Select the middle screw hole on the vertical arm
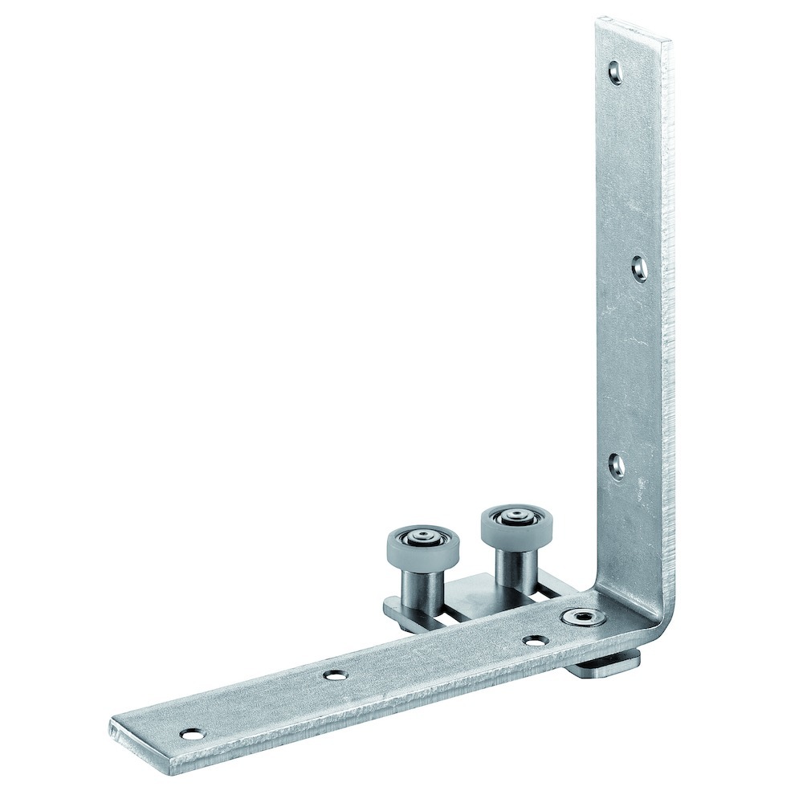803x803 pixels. point(640,268)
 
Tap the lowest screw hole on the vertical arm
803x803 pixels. point(617,465)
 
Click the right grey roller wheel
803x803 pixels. point(509,524)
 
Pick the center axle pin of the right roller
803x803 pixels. point(510,518)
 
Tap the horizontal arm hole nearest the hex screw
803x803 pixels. point(532,642)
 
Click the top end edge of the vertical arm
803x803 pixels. point(634,28)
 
